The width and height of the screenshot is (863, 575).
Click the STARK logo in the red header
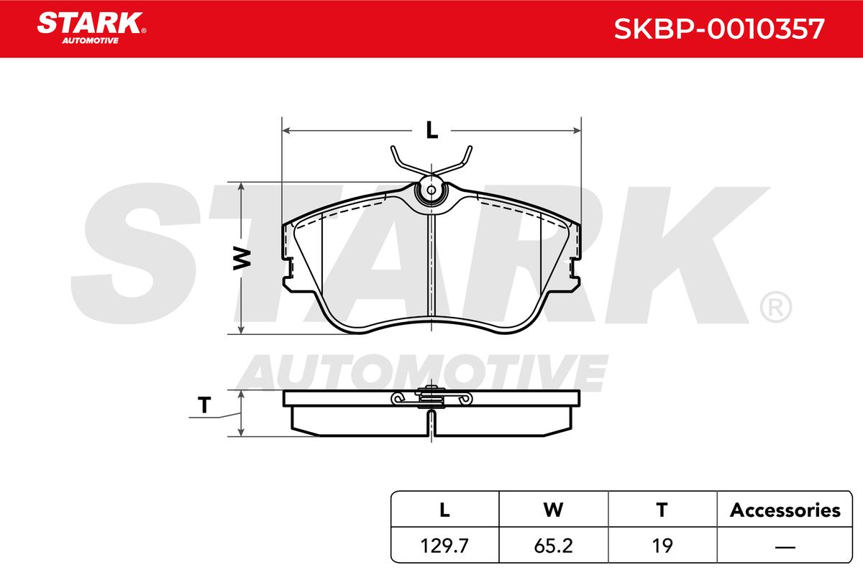click(91, 28)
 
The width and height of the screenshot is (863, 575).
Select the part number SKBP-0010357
click(719, 29)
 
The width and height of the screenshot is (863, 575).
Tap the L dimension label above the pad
click(432, 130)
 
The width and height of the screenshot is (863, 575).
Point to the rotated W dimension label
click(242, 259)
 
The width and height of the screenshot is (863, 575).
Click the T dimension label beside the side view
click(204, 405)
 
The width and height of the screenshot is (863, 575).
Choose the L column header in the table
click(444, 510)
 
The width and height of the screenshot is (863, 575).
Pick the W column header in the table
click(553, 510)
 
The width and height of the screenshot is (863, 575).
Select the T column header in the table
click(662, 510)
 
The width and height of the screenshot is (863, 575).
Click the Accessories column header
click(785, 510)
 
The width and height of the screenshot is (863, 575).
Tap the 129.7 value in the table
click(444, 546)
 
